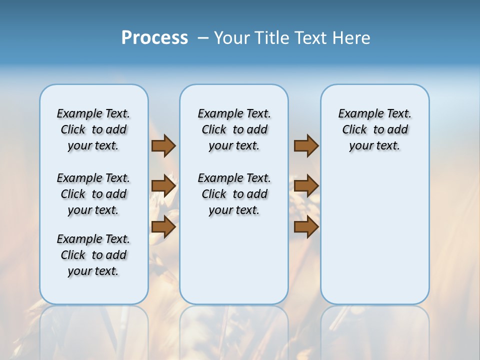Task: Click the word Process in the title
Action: [154, 38]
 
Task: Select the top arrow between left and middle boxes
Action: [163, 145]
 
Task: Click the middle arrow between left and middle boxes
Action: [163, 186]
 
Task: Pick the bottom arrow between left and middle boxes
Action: [163, 227]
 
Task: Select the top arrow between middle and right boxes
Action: [306, 145]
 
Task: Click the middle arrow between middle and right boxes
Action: [306, 186]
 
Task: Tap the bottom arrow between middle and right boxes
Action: [306, 227]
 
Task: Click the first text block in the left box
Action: [93, 129]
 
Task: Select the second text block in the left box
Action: [93, 194]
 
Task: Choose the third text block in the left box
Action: [93, 255]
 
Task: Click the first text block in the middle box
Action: [234, 129]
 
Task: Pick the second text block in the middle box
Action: [234, 194]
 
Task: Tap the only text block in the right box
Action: [375, 129]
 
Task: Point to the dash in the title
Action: [202, 38]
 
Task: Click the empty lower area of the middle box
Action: [234, 260]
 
